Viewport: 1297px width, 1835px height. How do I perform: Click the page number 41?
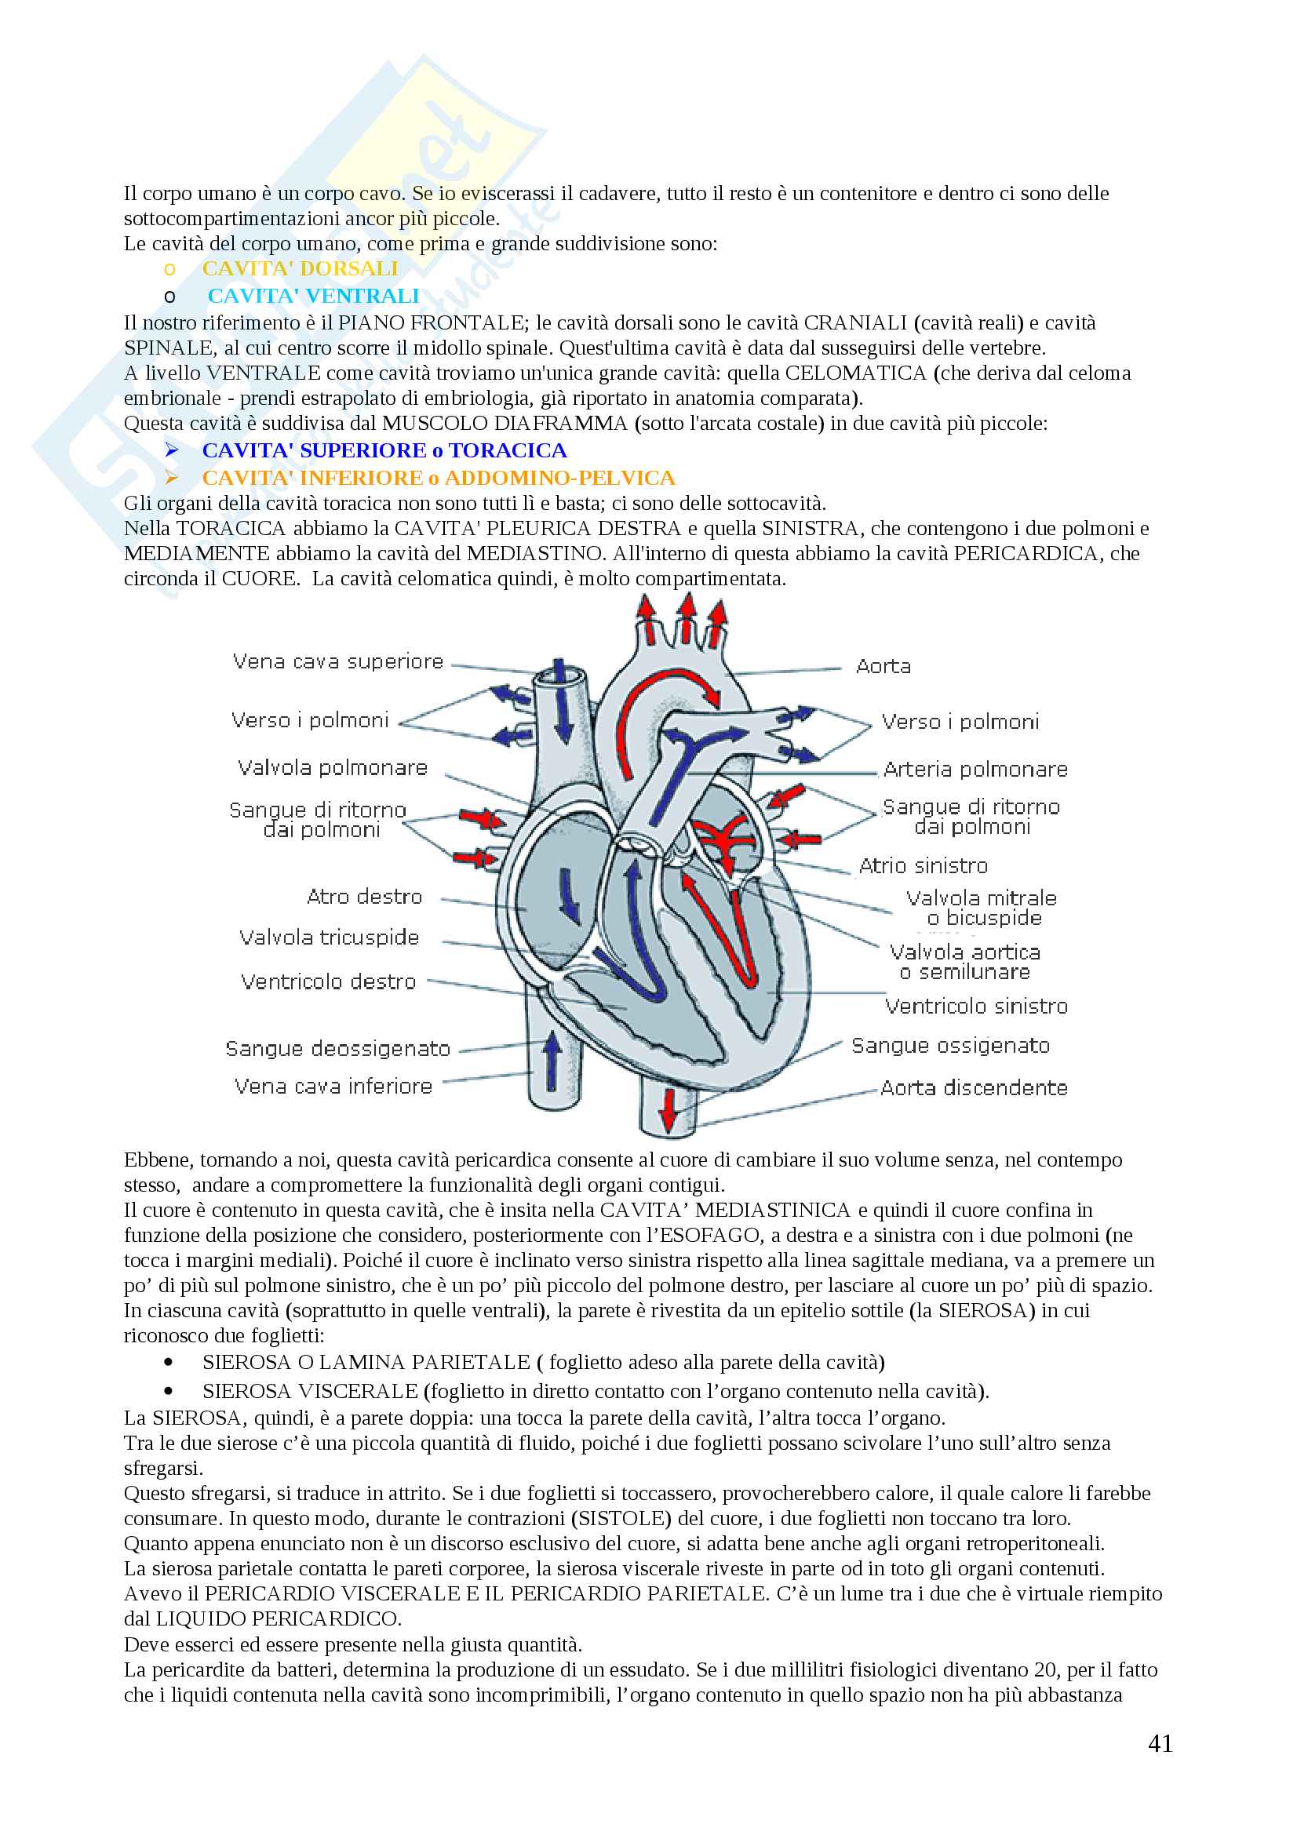1160,1743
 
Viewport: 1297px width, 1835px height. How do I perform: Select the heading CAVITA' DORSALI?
300,268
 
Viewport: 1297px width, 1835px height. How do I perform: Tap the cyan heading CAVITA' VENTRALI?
313,296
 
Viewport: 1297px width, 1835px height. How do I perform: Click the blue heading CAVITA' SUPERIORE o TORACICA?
384,451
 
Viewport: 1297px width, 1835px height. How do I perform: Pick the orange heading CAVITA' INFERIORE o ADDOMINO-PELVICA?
438,478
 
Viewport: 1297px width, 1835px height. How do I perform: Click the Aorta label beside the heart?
883,667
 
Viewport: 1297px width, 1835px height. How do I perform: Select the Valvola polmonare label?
333,768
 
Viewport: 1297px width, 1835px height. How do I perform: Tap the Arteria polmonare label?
975,770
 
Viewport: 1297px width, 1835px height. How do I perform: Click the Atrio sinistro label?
923,865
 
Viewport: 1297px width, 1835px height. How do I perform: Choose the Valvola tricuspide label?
330,938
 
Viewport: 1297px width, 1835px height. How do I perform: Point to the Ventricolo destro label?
329,981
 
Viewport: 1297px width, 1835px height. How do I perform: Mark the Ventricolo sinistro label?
976,1007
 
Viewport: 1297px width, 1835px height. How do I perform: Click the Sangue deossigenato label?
338,1049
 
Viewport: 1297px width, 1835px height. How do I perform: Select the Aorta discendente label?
974,1087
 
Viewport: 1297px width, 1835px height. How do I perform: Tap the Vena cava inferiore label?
333,1086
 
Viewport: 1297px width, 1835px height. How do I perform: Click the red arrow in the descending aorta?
669,1109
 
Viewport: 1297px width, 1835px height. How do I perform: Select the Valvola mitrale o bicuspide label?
982,908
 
